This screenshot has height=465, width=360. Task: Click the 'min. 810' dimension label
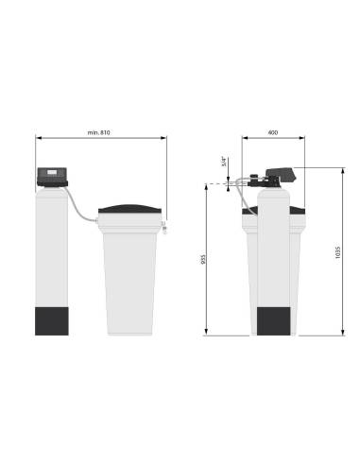99,132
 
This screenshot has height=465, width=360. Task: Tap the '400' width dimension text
273,132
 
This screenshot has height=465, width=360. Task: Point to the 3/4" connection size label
224,161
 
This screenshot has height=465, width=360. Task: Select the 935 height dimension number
203,259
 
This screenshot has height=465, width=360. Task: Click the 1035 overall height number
338,252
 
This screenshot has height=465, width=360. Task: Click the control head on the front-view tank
52,177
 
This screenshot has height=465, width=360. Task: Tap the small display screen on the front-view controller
52,172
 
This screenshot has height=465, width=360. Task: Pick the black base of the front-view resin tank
52,321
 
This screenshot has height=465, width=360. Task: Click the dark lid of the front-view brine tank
130,209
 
